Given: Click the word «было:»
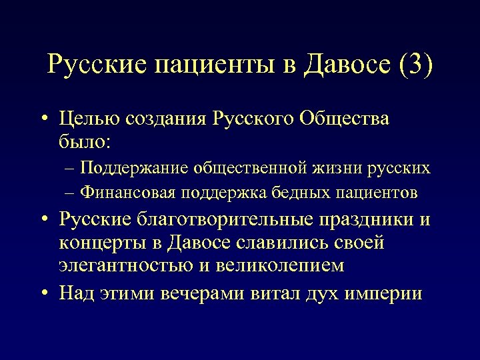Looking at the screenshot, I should coord(86,141).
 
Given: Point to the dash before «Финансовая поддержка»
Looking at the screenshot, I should coord(71,193).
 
